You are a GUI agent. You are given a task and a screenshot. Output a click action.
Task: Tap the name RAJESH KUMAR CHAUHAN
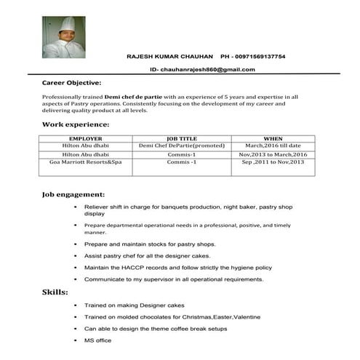(x=169, y=57)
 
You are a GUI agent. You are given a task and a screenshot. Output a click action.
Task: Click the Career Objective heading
(x=71, y=83)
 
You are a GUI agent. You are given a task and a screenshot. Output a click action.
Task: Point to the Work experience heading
(x=76, y=124)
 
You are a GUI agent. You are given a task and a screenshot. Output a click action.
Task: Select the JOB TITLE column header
(x=182, y=138)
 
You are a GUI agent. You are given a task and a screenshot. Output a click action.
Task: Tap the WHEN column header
(x=273, y=138)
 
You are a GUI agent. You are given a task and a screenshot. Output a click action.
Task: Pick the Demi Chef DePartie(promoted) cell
(x=182, y=145)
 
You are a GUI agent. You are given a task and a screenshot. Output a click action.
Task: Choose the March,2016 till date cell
(x=273, y=145)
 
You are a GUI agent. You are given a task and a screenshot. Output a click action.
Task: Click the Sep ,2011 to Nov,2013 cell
(x=273, y=162)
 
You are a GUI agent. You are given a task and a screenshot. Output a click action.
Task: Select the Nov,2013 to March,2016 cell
(x=273, y=154)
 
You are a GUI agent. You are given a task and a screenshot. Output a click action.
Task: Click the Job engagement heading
(x=73, y=195)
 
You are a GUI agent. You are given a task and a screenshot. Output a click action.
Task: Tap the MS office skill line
(x=98, y=340)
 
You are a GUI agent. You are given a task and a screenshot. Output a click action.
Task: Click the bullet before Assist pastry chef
(x=76, y=256)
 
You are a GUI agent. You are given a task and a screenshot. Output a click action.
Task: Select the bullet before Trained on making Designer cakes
(x=76, y=305)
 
